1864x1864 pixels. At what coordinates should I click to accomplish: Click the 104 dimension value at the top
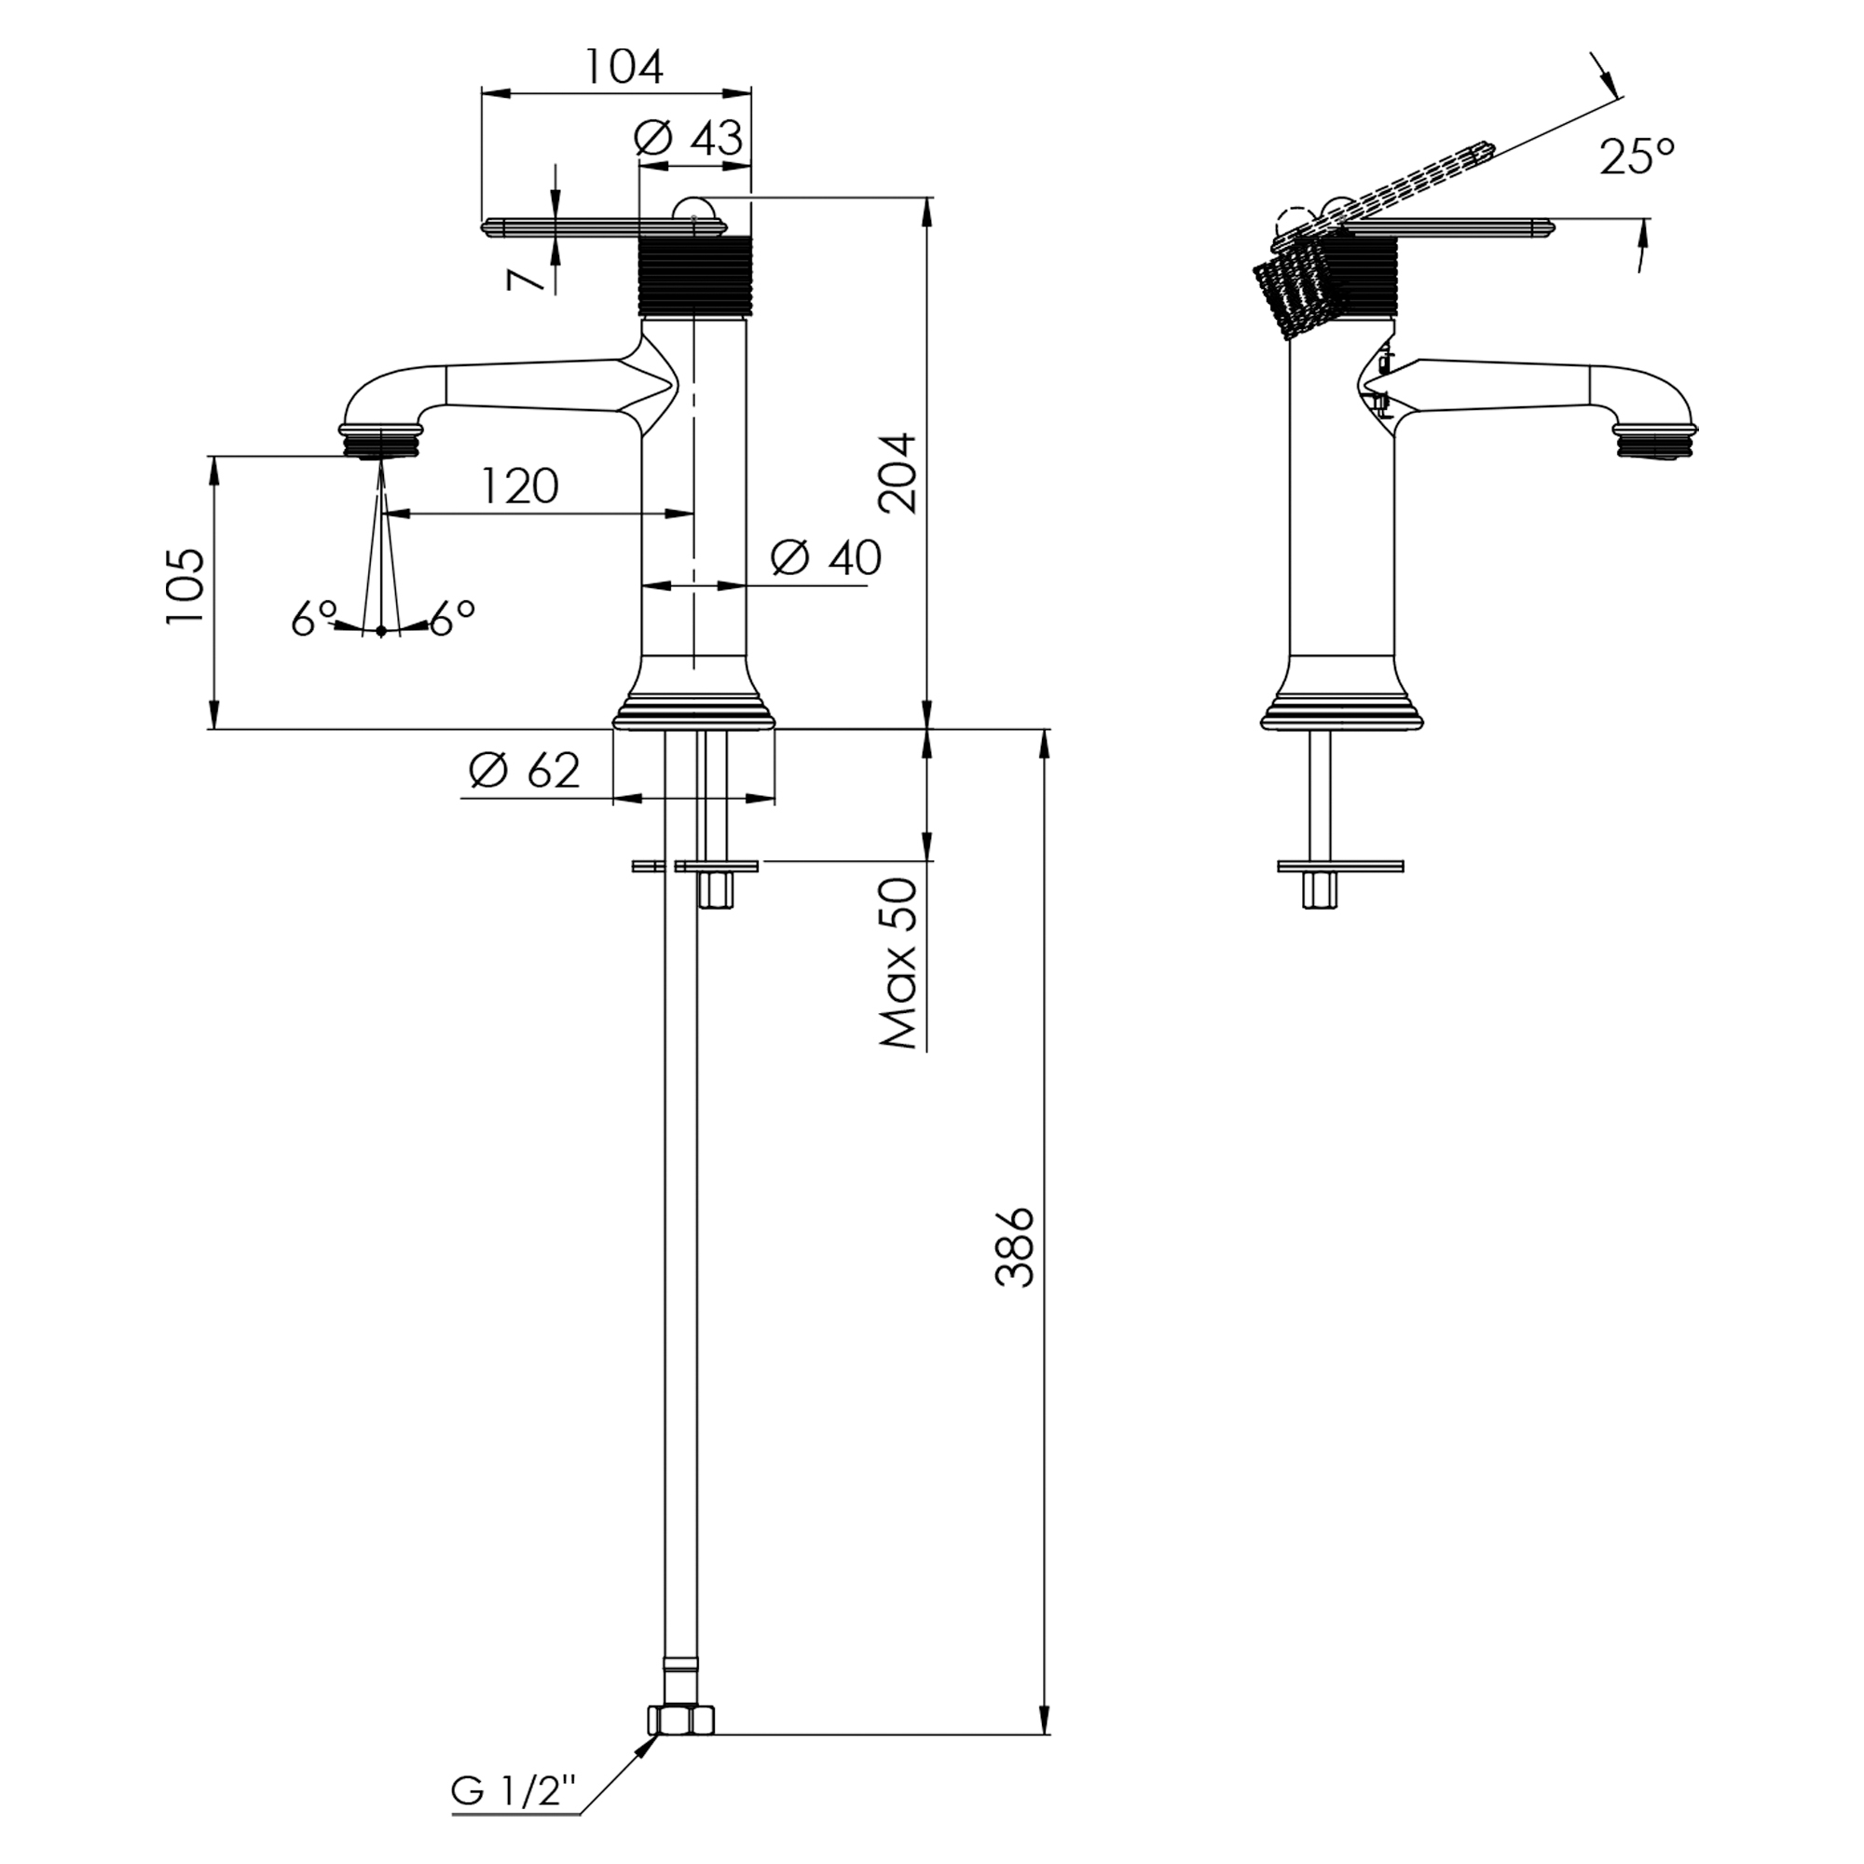[x=625, y=66]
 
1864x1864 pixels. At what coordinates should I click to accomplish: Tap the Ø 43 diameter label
[x=689, y=139]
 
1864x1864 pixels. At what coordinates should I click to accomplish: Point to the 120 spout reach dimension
[x=520, y=487]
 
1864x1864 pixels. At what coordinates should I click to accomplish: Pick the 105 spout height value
[x=186, y=585]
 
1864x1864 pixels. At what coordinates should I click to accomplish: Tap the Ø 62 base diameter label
[x=526, y=770]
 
